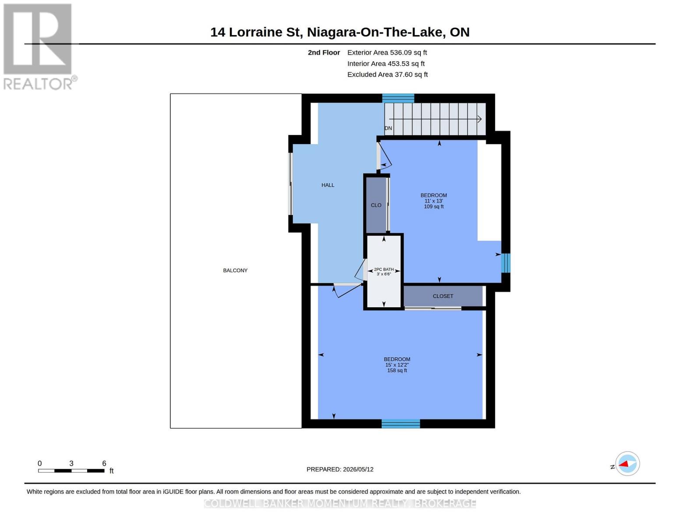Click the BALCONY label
235,270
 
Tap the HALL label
328,185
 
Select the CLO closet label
376,205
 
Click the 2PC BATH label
384,270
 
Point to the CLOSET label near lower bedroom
443,296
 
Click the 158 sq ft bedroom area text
397,370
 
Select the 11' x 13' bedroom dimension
433,201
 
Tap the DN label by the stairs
388,128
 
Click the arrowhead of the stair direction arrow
479,119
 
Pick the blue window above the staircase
398,98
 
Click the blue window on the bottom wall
401,423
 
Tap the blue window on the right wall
506,263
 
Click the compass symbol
627,464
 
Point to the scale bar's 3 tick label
71,463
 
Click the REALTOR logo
39,47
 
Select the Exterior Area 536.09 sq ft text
387,53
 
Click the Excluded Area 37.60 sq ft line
388,75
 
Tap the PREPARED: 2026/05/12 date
340,469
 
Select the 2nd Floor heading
324,53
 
